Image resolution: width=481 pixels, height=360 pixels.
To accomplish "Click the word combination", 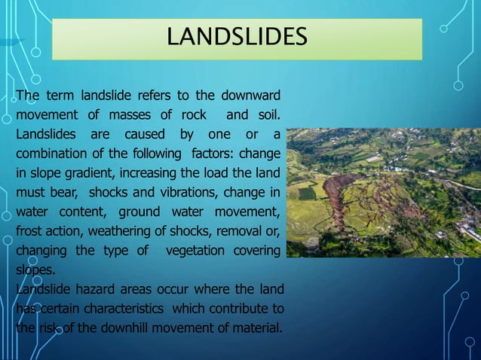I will (x=47, y=153).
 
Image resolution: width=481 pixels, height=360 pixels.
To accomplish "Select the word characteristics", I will (x=128, y=309).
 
